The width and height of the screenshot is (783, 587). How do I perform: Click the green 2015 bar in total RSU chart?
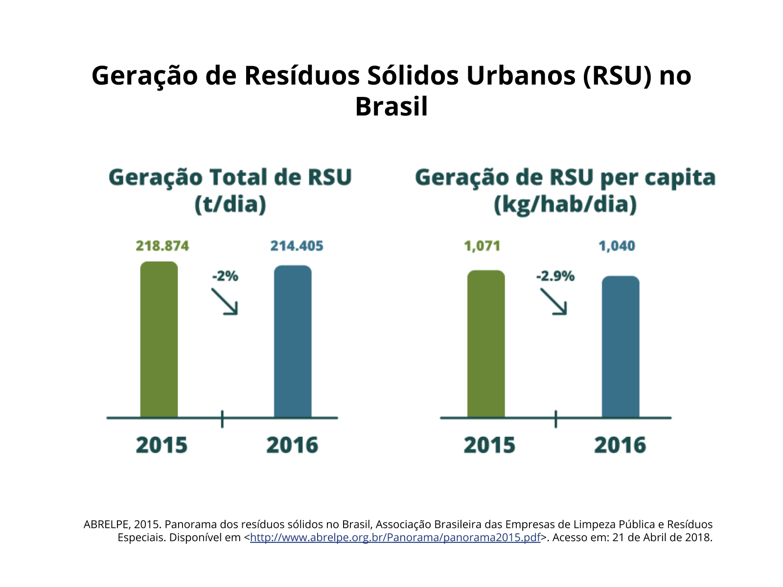pos(159,339)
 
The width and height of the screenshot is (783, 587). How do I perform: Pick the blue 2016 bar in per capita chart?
pos(621,347)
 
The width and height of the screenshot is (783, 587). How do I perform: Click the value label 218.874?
pos(162,246)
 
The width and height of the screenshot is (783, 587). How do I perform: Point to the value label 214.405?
pos(297,246)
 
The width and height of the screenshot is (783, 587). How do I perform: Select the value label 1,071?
pos(483,246)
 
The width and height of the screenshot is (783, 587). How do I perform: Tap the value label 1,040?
pos(617,246)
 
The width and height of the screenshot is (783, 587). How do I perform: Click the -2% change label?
pos(225,276)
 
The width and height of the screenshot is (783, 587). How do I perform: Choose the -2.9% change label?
pos(555,276)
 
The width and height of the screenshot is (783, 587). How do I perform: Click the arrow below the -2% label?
pos(225,301)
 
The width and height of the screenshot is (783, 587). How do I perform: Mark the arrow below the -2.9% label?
pos(553,301)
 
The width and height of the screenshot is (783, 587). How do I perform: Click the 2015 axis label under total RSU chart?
pos(161,445)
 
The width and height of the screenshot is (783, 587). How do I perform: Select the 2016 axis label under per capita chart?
pos(620,445)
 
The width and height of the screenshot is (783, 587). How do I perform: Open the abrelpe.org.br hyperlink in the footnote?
pos(395,537)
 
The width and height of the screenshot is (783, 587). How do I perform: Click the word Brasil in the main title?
pos(391,107)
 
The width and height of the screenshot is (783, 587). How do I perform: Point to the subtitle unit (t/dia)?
pos(230,204)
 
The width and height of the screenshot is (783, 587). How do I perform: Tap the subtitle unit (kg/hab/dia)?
pos(565,204)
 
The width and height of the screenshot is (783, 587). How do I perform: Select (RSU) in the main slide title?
pos(618,76)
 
